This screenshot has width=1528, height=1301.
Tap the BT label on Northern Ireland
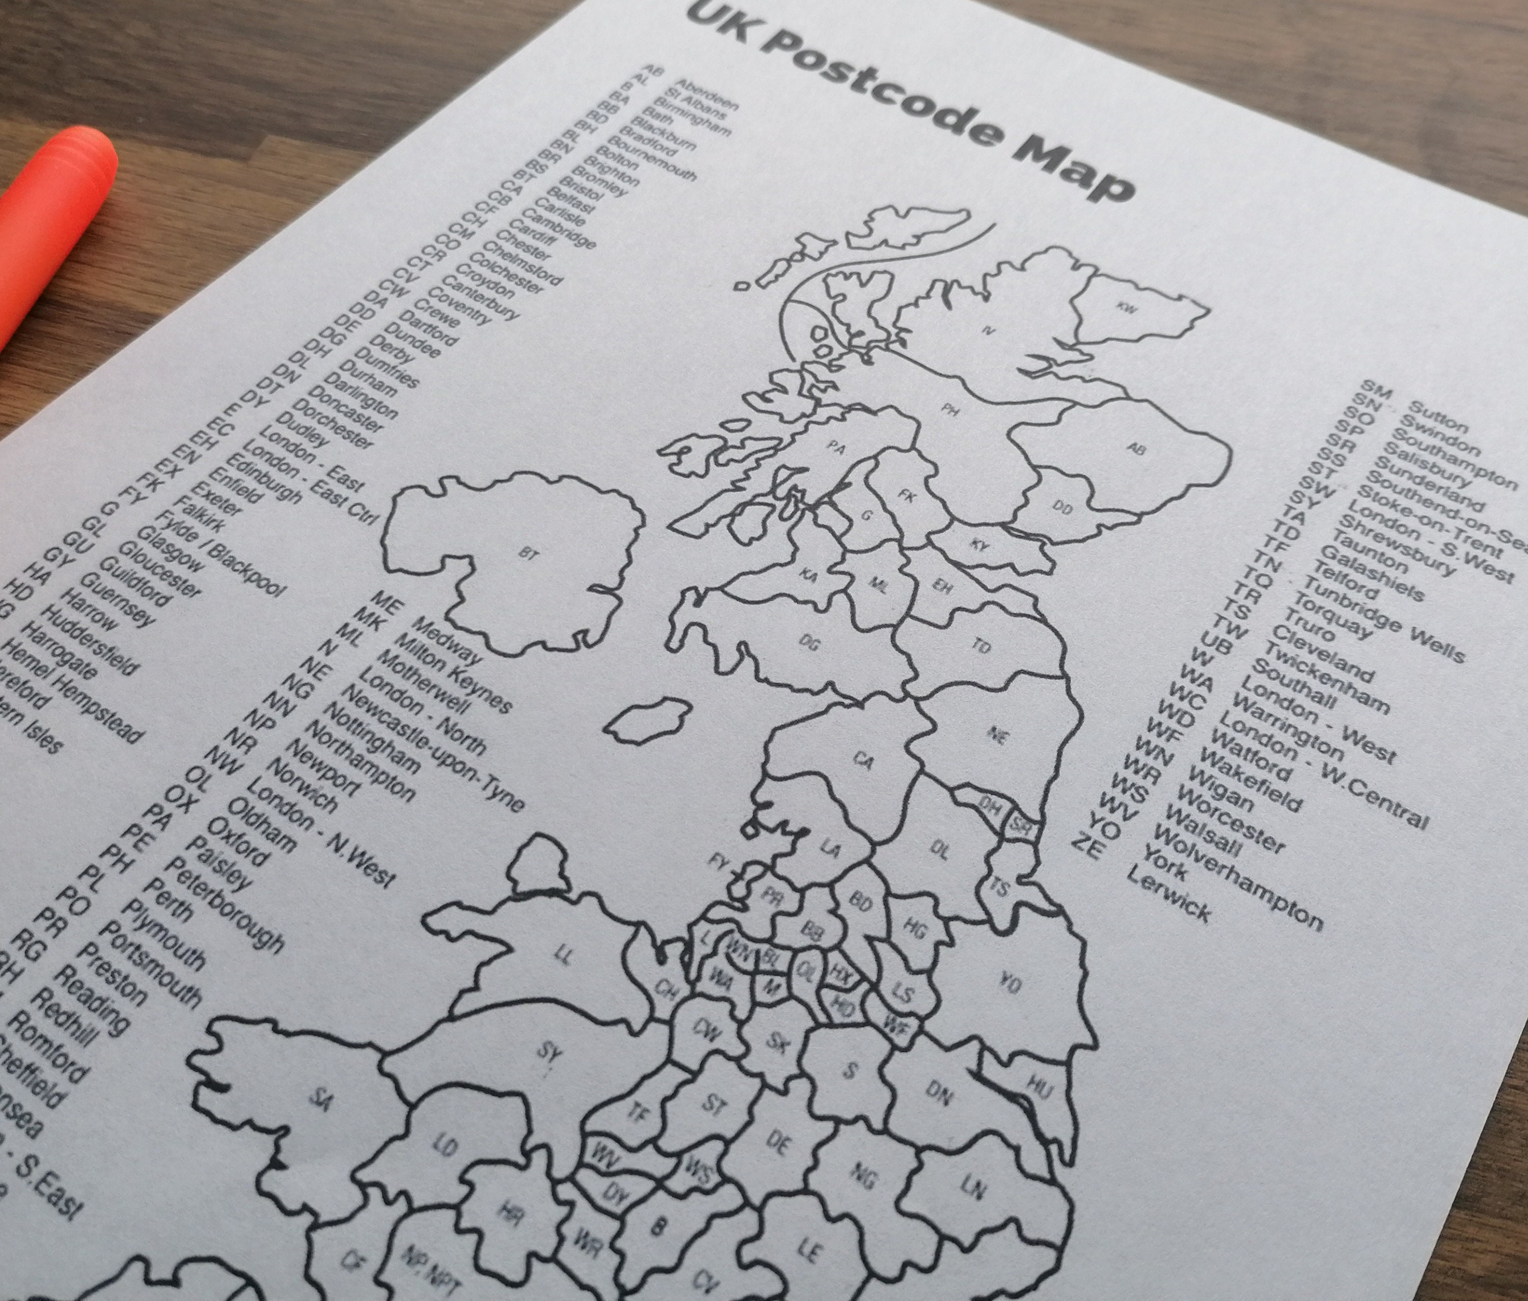click(x=528, y=553)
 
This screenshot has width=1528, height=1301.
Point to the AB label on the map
click(x=1137, y=448)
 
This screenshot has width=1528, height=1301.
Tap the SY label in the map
click(x=550, y=1054)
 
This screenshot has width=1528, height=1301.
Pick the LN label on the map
click(x=973, y=1187)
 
